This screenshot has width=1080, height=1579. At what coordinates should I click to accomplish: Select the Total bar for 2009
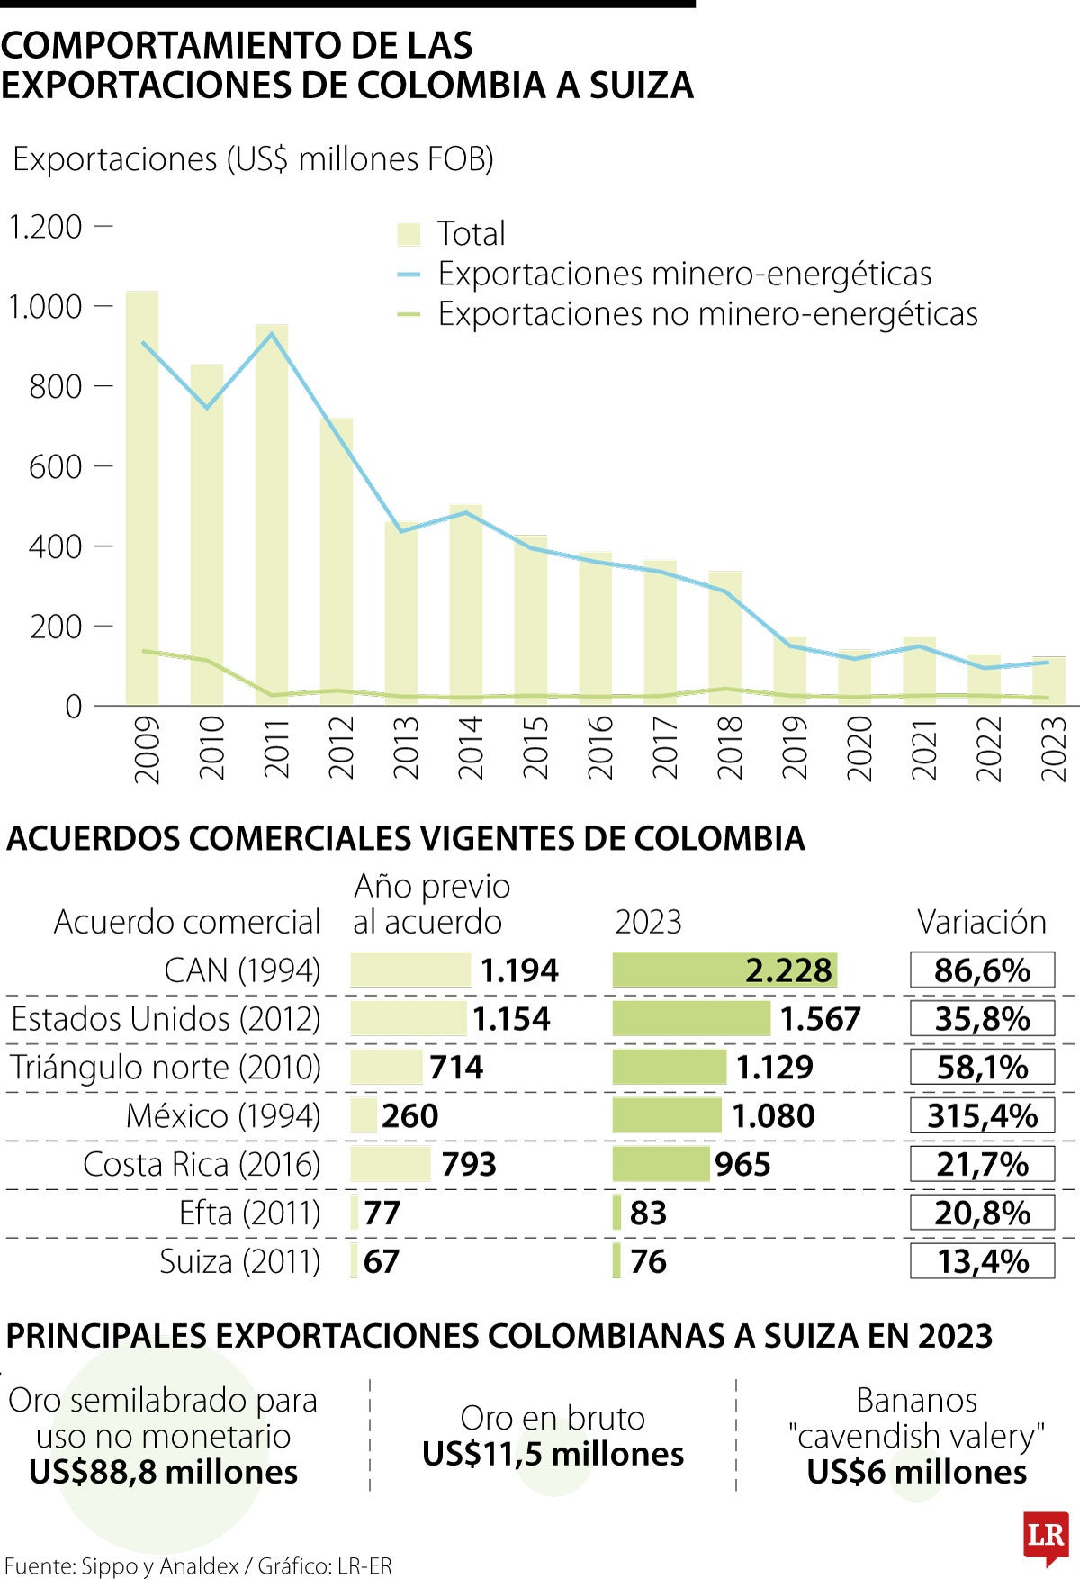tap(142, 504)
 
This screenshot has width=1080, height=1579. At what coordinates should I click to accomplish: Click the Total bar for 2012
tap(337, 567)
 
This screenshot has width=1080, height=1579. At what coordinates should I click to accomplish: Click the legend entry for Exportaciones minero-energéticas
tap(684, 274)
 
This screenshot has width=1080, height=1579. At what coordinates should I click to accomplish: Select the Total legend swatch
tap(409, 234)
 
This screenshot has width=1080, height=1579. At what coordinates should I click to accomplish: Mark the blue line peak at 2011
tap(272, 334)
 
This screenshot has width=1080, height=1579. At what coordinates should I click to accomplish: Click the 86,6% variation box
tap(982, 970)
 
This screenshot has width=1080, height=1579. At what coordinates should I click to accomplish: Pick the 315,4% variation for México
tap(982, 1116)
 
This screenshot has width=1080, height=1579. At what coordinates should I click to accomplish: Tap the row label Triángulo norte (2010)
tap(166, 1068)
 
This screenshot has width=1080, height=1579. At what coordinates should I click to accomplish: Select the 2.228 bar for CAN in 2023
tap(724, 970)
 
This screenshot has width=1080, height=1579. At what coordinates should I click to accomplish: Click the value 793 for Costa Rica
tap(469, 1165)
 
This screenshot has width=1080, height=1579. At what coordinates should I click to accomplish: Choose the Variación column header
tap(982, 922)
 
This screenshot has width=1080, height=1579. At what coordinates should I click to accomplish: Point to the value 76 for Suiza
tap(648, 1262)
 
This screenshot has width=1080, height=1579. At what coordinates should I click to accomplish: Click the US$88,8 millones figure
tap(164, 1472)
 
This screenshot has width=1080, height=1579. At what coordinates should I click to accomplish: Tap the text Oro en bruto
tap(553, 1418)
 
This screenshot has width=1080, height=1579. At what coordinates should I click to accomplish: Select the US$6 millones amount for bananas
tap(916, 1472)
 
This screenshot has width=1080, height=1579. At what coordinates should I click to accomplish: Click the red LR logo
tap(1046, 1537)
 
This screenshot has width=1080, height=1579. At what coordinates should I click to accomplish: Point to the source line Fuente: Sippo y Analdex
tap(198, 1566)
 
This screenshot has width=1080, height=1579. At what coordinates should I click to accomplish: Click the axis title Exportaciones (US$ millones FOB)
tap(254, 159)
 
